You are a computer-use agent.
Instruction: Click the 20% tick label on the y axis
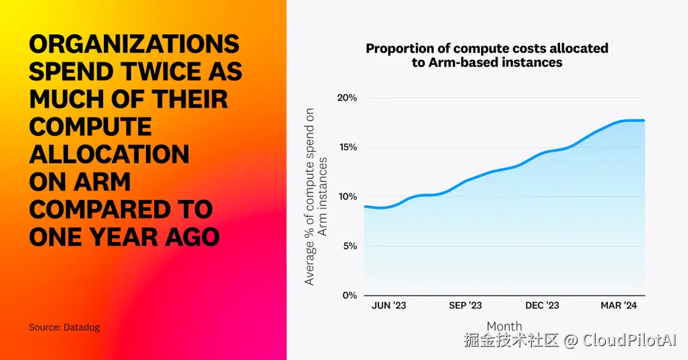tap(347, 98)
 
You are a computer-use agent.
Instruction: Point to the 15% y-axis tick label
tap(347, 147)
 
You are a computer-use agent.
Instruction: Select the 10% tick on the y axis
tap(347, 197)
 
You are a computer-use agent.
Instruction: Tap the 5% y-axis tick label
tap(348, 246)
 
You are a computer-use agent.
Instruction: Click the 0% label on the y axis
tap(348, 296)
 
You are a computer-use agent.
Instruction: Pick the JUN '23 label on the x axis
tap(389, 306)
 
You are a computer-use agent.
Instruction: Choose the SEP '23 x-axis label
tap(466, 306)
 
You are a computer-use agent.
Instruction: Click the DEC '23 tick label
tap(543, 306)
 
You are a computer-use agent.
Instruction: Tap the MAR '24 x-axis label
tap(619, 306)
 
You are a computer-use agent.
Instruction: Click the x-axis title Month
tap(504, 326)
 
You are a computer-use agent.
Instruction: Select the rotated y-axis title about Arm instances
tap(316, 197)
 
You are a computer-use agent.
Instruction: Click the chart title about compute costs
tap(487, 55)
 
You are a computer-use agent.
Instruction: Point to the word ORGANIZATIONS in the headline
tap(134, 44)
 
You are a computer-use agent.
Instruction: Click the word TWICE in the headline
tap(153, 71)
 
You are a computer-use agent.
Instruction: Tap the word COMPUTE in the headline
tap(90, 126)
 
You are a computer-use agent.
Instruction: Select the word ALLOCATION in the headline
tap(109, 154)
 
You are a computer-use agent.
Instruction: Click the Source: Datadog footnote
tap(64, 328)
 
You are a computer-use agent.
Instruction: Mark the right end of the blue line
tap(644, 120)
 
